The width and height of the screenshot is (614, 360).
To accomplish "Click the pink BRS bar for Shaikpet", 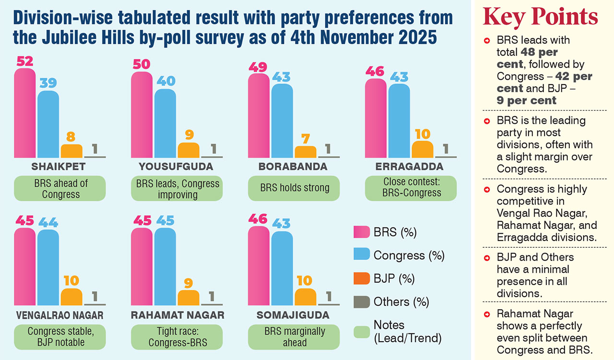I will click(24, 113).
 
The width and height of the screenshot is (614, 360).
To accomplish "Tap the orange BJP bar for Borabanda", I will click(306, 152).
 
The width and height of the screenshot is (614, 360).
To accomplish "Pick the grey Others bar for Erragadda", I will click(446, 156).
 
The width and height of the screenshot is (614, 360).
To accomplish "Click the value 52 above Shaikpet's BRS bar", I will click(24, 61).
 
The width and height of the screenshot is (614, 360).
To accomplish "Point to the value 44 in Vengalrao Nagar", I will click(48, 222).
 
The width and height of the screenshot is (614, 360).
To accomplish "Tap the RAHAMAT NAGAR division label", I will click(177, 315).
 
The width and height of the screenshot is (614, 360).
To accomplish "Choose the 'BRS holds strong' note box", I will click(294, 188).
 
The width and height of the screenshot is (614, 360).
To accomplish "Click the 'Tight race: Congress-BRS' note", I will click(177, 337).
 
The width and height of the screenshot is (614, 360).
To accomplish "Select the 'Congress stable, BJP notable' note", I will click(60, 337).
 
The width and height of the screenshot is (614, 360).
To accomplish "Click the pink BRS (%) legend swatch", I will click(361, 232).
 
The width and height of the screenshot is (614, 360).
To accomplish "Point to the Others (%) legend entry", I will click(401, 302).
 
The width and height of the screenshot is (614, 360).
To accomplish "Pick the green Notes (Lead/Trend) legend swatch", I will click(361, 332).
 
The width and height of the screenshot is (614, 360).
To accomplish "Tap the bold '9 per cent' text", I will click(527, 100).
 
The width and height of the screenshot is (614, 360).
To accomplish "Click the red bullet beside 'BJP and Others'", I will click(487, 258).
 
